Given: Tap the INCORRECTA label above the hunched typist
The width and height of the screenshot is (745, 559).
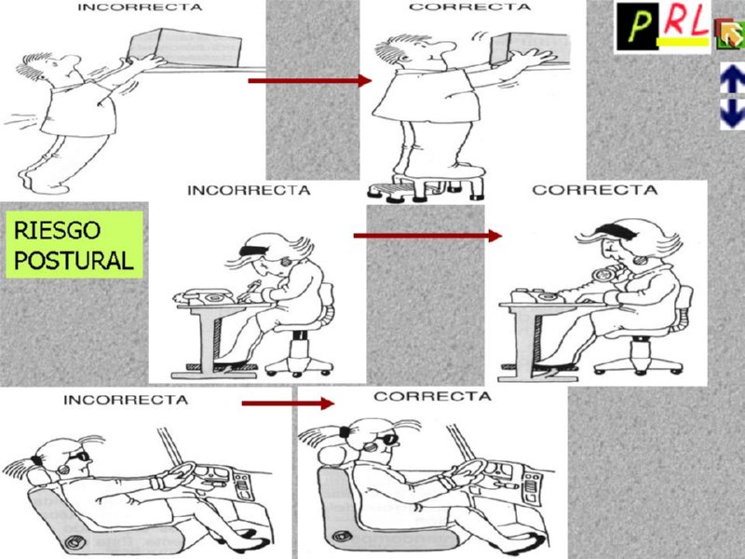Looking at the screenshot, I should coord(249,190).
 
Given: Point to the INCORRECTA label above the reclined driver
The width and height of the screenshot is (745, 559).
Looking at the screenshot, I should coord(125,400).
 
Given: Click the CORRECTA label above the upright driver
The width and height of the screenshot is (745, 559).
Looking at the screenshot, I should coord(432,397).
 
